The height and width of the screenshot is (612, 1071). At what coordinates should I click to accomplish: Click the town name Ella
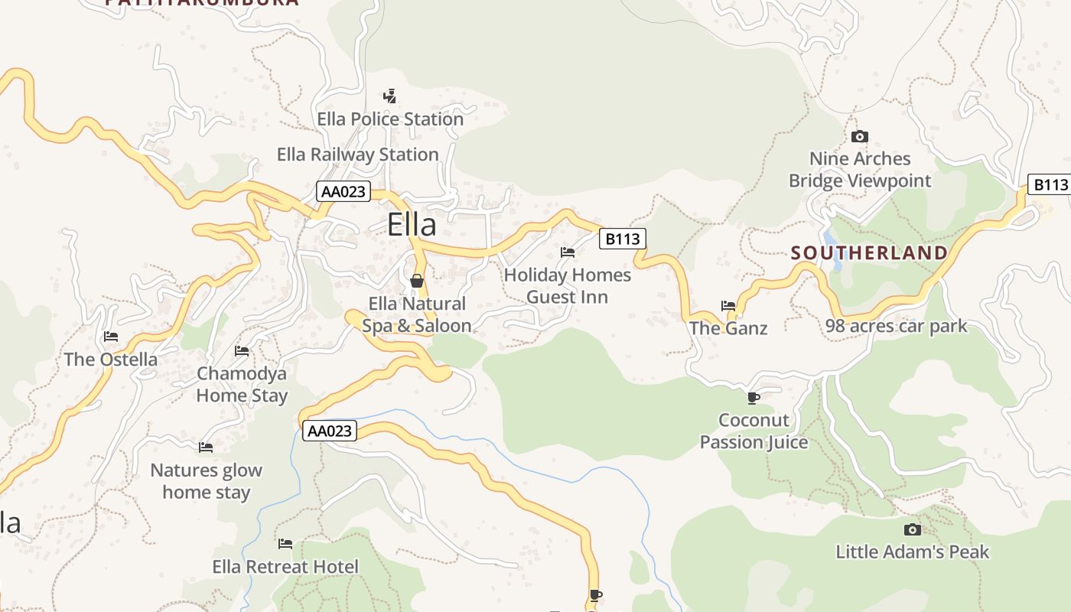pos(412,225)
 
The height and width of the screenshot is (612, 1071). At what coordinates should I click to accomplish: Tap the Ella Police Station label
pos(390,119)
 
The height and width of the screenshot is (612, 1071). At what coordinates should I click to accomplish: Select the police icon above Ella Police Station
pos(390,96)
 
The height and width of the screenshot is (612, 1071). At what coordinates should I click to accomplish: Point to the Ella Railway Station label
pos(357,155)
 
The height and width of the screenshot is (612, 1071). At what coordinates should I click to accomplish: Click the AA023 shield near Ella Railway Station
pos(343,191)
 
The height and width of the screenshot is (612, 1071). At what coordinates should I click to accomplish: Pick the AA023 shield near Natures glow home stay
pos(330,431)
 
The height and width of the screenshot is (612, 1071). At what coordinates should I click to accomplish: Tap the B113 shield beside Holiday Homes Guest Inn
pos(622,239)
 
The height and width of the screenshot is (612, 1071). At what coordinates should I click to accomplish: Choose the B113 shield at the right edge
pos(1050,184)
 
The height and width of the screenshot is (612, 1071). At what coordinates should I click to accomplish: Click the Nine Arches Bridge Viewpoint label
pos(860,170)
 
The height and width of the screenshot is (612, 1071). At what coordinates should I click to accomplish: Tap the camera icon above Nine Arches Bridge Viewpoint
pos(860,137)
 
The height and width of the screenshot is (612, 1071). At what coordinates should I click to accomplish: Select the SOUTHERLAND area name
pos(869,253)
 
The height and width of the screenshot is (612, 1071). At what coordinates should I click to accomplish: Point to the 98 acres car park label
pos(896,327)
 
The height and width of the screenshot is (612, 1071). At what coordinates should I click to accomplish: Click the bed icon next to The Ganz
pos(728,306)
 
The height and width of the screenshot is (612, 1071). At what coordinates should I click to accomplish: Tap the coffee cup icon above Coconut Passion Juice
pos(753,398)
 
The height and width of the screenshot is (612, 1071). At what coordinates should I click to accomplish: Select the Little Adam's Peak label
pos(912,552)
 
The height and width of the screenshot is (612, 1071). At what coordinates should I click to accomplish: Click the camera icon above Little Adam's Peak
pos(912,529)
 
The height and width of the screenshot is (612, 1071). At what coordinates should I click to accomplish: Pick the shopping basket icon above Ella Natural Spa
pos(417,282)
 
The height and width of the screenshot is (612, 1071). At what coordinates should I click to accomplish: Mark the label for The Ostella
pos(111,360)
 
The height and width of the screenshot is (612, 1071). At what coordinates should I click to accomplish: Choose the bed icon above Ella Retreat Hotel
pos(285,544)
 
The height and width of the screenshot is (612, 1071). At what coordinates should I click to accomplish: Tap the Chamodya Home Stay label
pos(242,385)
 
